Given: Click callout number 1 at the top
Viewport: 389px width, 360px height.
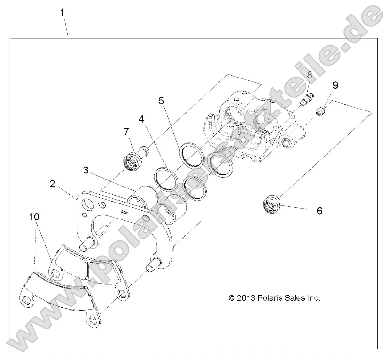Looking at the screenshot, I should [62, 12].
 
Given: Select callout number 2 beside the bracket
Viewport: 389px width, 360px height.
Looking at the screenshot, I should [53, 184].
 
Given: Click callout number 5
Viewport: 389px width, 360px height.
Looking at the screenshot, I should [161, 101].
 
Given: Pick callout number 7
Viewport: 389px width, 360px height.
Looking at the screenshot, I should [126, 131].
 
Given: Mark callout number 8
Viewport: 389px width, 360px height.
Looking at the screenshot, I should [309, 75].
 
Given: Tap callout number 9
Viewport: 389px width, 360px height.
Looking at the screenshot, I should [335, 85].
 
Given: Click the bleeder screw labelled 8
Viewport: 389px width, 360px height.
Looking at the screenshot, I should [308, 98].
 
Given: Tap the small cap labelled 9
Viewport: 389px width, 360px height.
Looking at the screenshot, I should [320, 112].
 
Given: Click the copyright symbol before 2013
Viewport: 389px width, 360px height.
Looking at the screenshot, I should [232, 298].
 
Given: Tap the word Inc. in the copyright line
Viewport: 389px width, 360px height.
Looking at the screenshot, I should [312, 298].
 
